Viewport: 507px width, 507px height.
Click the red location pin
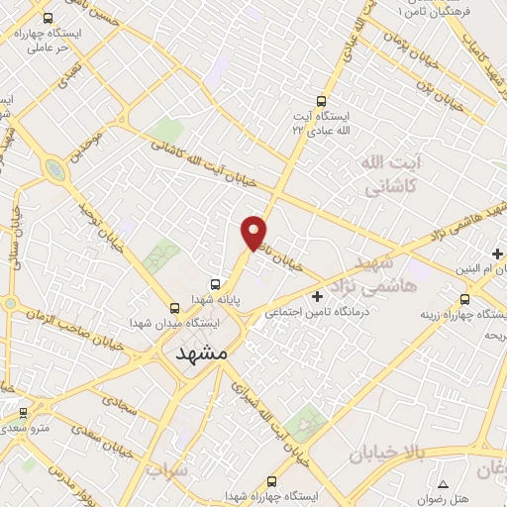pyautogui.click(x=254, y=232)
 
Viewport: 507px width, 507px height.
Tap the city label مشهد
pyautogui.click(x=201, y=352)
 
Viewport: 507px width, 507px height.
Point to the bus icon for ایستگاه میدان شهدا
pyautogui.click(x=174, y=307)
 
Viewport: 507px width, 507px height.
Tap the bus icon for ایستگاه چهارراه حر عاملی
pyautogui.click(x=47, y=18)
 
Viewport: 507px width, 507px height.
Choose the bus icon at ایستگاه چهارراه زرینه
pyautogui.click(x=462, y=298)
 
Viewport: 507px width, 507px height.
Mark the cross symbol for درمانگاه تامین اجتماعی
pyautogui.click(x=317, y=296)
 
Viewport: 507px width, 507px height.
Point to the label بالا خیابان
pyautogui.click(x=387, y=454)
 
